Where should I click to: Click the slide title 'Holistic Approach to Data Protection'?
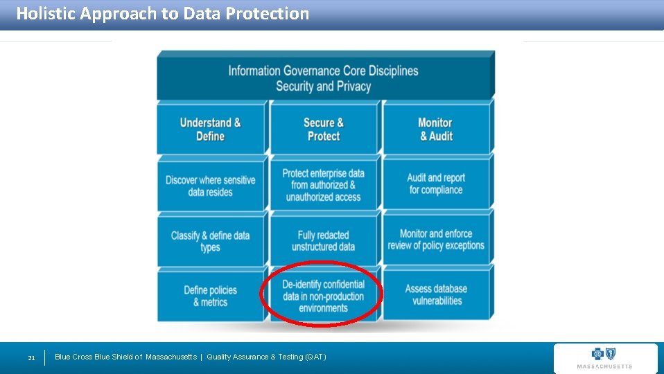162,14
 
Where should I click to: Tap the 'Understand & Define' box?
211,130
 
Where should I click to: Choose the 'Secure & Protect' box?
324,130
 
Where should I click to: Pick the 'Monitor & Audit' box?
435,130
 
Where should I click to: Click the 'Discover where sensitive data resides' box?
211,186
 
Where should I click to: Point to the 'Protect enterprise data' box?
324,185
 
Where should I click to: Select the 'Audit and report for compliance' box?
435,184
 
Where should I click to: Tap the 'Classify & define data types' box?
211,241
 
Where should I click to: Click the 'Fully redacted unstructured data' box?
324,240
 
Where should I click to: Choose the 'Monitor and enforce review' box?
436,240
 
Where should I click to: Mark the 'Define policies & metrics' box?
211,296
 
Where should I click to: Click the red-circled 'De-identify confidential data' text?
324,296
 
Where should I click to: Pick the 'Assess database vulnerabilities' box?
436,295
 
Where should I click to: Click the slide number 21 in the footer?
31,358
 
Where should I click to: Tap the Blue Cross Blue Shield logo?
604,354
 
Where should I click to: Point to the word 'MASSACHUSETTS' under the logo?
604,366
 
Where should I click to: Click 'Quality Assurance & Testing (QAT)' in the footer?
266,357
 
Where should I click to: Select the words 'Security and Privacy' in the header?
324,87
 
